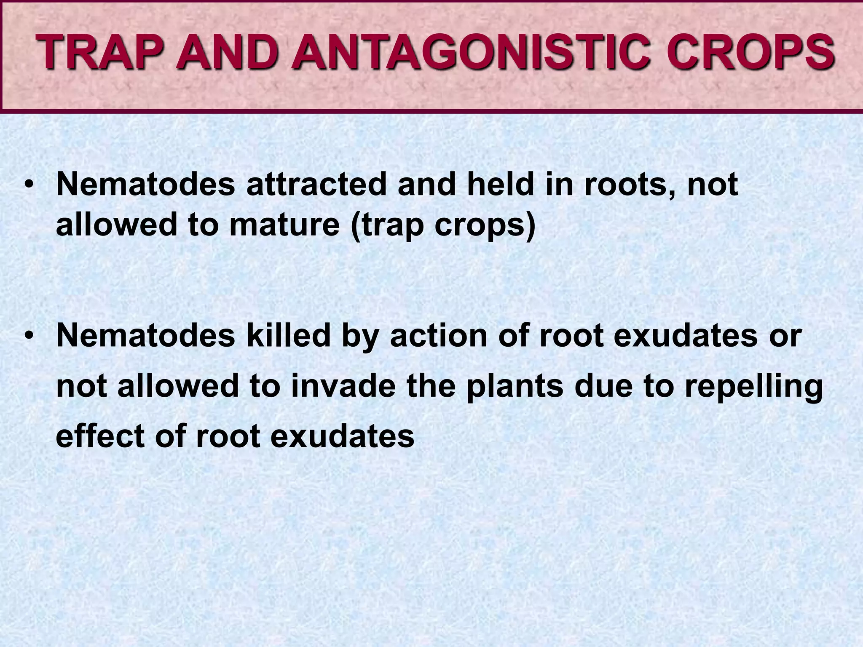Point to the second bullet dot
pyautogui.click(x=28, y=336)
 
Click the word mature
pyautogui.click(x=284, y=225)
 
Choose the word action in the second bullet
pyautogui.click(x=439, y=336)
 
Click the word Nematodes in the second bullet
pyautogui.click(x=145, y=336)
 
